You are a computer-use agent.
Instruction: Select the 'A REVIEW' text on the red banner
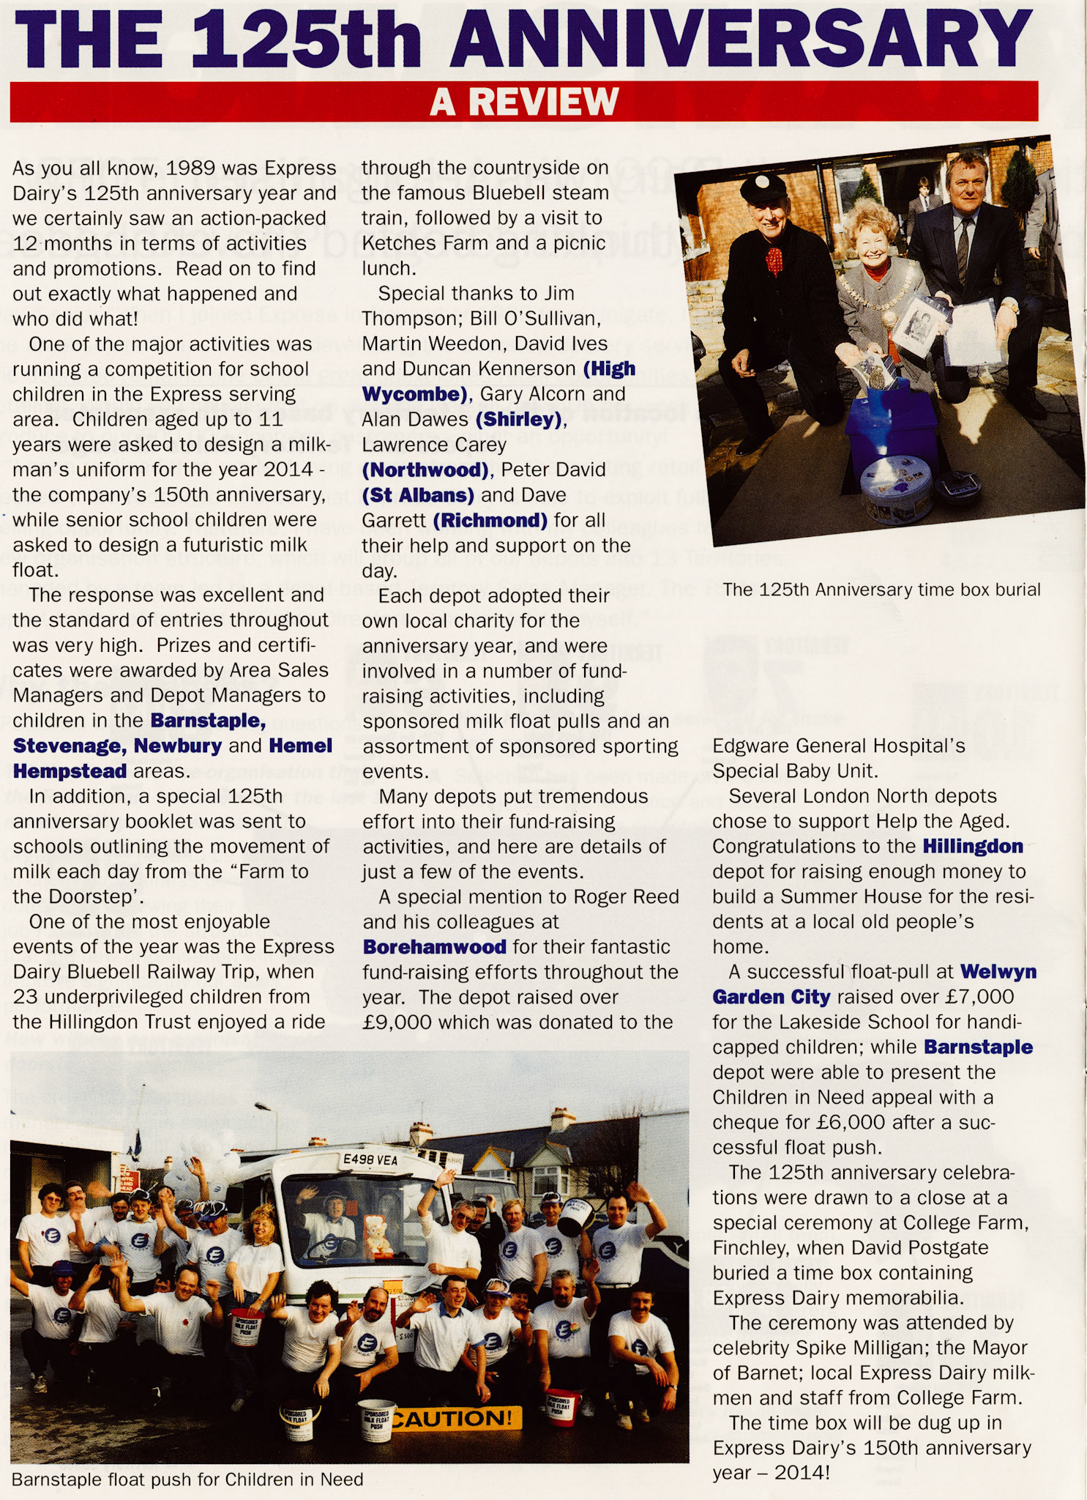524,101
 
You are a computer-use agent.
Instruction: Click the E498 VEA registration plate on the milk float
370,1160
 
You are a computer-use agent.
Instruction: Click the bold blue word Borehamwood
434,947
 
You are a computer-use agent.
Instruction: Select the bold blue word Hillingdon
972,847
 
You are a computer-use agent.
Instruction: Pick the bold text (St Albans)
418,495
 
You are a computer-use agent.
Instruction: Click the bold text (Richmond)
490,521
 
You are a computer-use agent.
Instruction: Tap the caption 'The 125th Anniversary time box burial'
881,590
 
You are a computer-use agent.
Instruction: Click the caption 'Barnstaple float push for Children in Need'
187,1479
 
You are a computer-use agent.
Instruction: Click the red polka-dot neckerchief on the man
774,261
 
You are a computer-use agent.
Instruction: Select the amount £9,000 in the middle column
397,1022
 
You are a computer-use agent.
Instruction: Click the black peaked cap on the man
763,190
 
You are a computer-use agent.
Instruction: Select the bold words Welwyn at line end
998,972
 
